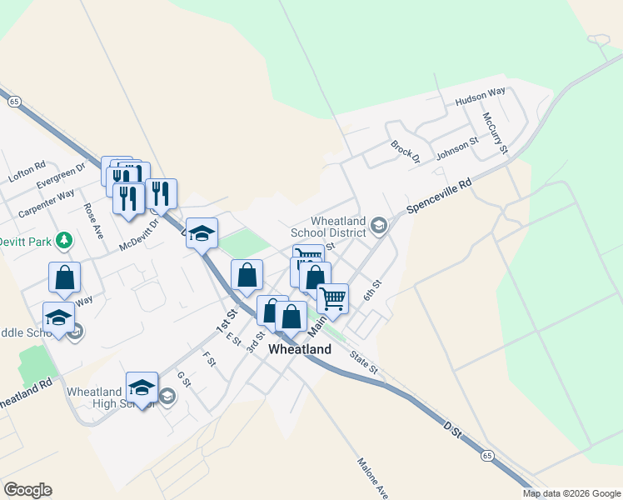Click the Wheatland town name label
(x=299, y=349)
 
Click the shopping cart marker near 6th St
(x=333, y=297)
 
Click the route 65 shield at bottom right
(x=487, y=456)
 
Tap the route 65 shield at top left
(x=15, y=101)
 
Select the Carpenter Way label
(x=47, y=202)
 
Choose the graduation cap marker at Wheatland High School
(x=142, y=387)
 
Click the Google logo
(x=27, y=490)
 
